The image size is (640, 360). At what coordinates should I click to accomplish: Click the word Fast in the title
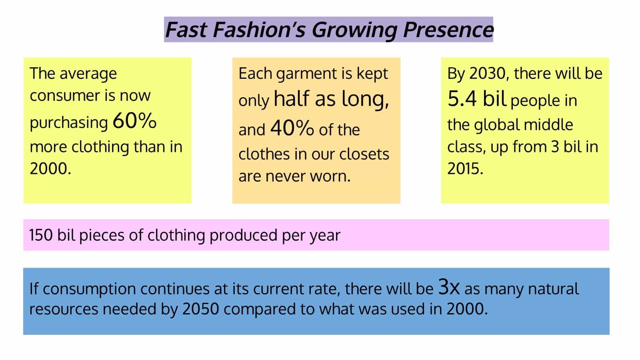point(186,30)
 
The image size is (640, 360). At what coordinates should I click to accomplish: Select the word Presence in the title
point(448,30)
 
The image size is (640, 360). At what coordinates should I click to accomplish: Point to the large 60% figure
point(134,120)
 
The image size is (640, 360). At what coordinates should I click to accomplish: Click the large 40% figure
point(292,128)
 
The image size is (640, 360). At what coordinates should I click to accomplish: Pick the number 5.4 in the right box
point(462,98)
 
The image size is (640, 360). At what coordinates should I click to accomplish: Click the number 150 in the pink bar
point(41,235)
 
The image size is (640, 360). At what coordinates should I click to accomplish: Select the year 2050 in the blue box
point(200,309)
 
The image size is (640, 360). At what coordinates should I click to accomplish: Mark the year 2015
point(465,168)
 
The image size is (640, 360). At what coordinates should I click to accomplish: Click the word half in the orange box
point(292,98)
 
